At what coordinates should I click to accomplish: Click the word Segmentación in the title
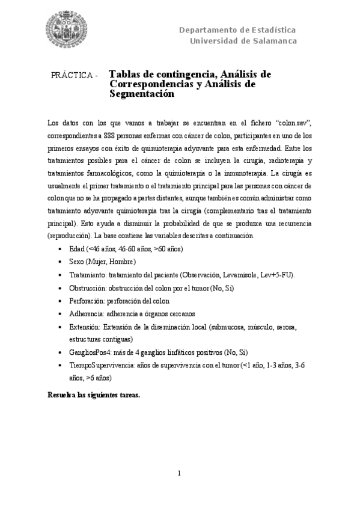(141, 94)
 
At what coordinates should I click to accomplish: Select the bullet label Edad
(77, 248)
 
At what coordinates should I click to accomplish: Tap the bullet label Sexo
(77, 262)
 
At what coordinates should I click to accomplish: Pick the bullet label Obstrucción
(88, 287)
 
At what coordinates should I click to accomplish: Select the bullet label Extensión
(85, 327)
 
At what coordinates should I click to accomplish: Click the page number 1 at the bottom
(180, 473)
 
